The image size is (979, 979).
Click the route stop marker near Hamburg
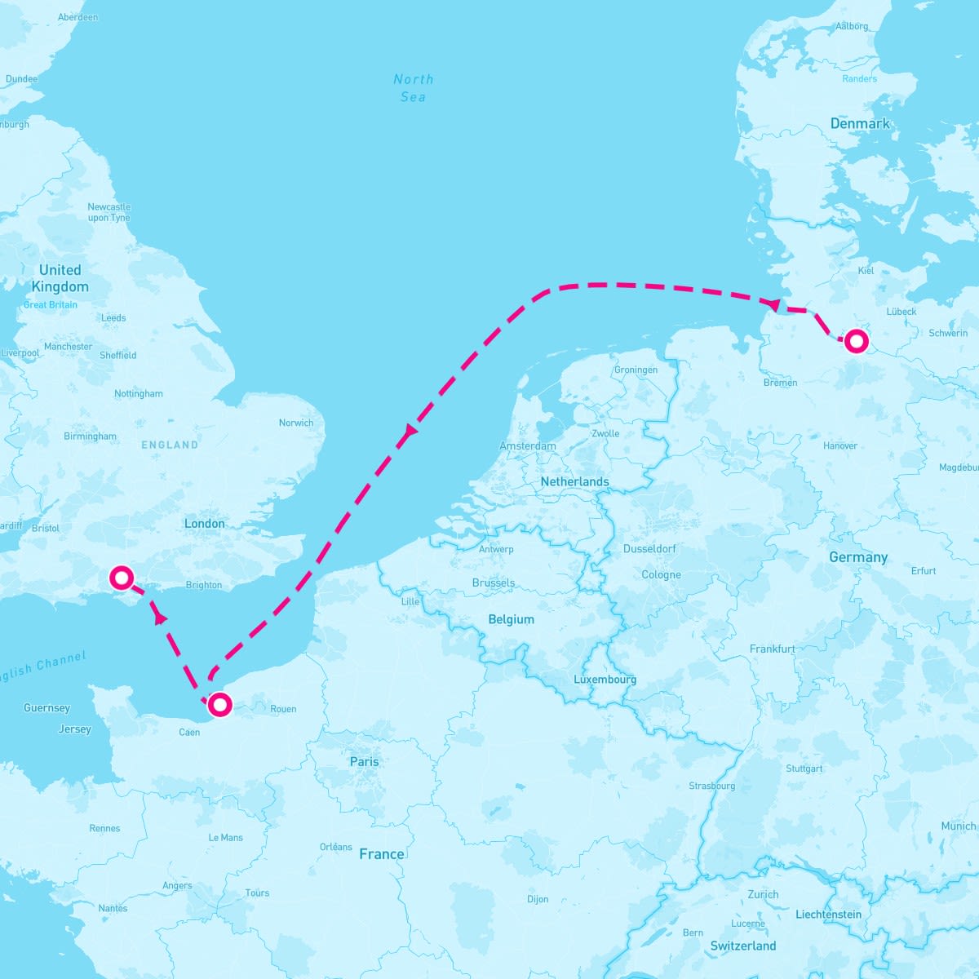tap(855, 340)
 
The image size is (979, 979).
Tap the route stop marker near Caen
tap(219, 704)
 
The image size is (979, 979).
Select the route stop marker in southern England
tap(122, 578)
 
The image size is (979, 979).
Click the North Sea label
tap(414, 88)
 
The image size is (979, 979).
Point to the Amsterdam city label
tap(528, 446)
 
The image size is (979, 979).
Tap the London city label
tap(204, 524)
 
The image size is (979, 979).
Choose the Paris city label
tap(364, 761)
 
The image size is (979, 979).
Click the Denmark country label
tap(860, 124)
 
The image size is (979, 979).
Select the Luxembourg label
tap(605, 680)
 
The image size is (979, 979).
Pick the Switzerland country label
tap(742, 946)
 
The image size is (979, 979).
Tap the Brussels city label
tap(494, 583)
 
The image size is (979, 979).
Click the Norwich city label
tap(295, 423)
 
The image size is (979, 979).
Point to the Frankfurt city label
tap(772, 649)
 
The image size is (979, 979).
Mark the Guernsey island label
tap(47, 708)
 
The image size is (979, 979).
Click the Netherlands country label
tap(574, 482)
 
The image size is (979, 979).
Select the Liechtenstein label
tap(828, 915)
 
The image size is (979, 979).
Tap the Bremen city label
tap(780, 383)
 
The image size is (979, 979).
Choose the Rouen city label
tap(283, 709)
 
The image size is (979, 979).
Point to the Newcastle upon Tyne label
tap(109, 212)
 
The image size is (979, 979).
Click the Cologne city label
tap(661, 575)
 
